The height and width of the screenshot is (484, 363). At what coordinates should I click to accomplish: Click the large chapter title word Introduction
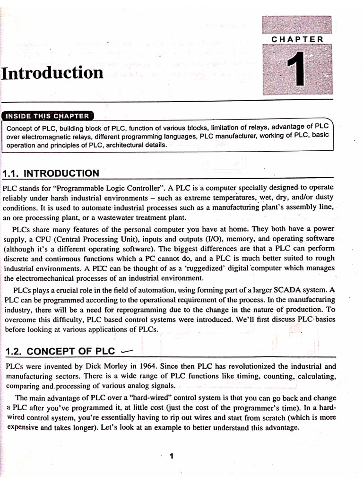52,73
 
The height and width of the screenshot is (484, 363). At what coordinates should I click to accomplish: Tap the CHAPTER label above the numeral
297,39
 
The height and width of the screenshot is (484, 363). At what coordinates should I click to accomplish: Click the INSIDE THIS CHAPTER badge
48,116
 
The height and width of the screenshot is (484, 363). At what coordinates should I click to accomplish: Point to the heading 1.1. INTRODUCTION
51,173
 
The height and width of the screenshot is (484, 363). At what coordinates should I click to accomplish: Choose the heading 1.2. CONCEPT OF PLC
60,351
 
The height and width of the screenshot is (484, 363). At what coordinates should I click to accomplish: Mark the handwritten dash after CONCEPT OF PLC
128,351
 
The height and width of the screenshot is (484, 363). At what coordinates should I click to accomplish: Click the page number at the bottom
172,456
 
